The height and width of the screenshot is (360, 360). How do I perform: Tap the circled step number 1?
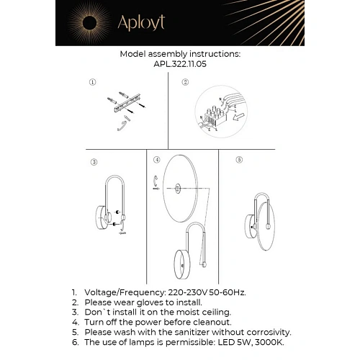pos(92,84)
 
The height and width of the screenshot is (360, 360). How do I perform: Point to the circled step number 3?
pos(94,161)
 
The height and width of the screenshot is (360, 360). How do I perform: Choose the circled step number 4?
pos(156,158)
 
